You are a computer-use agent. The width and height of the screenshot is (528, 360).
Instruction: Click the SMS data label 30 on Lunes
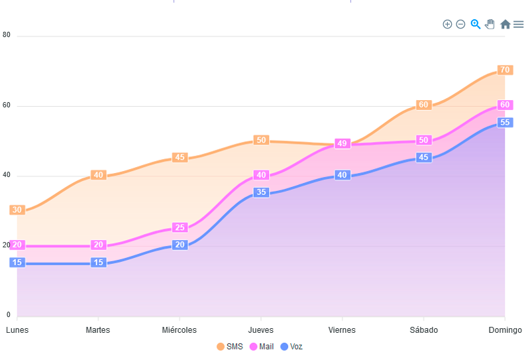tap(17, 210)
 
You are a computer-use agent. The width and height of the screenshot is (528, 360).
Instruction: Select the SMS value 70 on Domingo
tap(505, 70)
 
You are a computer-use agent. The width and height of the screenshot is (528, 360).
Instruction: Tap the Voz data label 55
tap(505, 123)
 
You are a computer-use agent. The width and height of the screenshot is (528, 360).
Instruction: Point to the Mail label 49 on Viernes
tap(342, 143)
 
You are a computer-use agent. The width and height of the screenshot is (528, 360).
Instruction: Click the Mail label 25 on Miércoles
tap(180, 227)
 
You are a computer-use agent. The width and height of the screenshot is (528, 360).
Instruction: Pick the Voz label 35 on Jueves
tap(261, 192)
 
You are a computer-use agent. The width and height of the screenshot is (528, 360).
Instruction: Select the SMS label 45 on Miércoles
tap(180, 158)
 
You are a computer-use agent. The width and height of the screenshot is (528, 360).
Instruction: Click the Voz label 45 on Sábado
tap(423, 157)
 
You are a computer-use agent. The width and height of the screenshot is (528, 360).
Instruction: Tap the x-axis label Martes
tap(98, 330)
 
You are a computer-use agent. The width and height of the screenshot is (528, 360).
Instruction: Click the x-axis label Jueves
tap(260, 330)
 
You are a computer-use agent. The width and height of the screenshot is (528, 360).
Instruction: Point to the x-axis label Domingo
tap(505, 330)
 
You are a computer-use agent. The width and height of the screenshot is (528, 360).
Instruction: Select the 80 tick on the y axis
tap(7, 35)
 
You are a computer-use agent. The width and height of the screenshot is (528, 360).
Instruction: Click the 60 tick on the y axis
tap(7, 105)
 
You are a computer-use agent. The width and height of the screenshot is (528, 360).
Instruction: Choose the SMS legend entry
tap(230, 347)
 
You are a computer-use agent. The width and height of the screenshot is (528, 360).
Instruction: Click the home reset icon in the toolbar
tap(505, 25)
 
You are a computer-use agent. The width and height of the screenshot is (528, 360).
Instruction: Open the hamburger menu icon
tap(518, 25)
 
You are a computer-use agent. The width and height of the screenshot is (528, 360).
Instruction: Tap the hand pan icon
tap(490, 25)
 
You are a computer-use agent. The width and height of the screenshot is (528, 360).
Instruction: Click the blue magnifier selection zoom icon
tap(475, 25)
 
